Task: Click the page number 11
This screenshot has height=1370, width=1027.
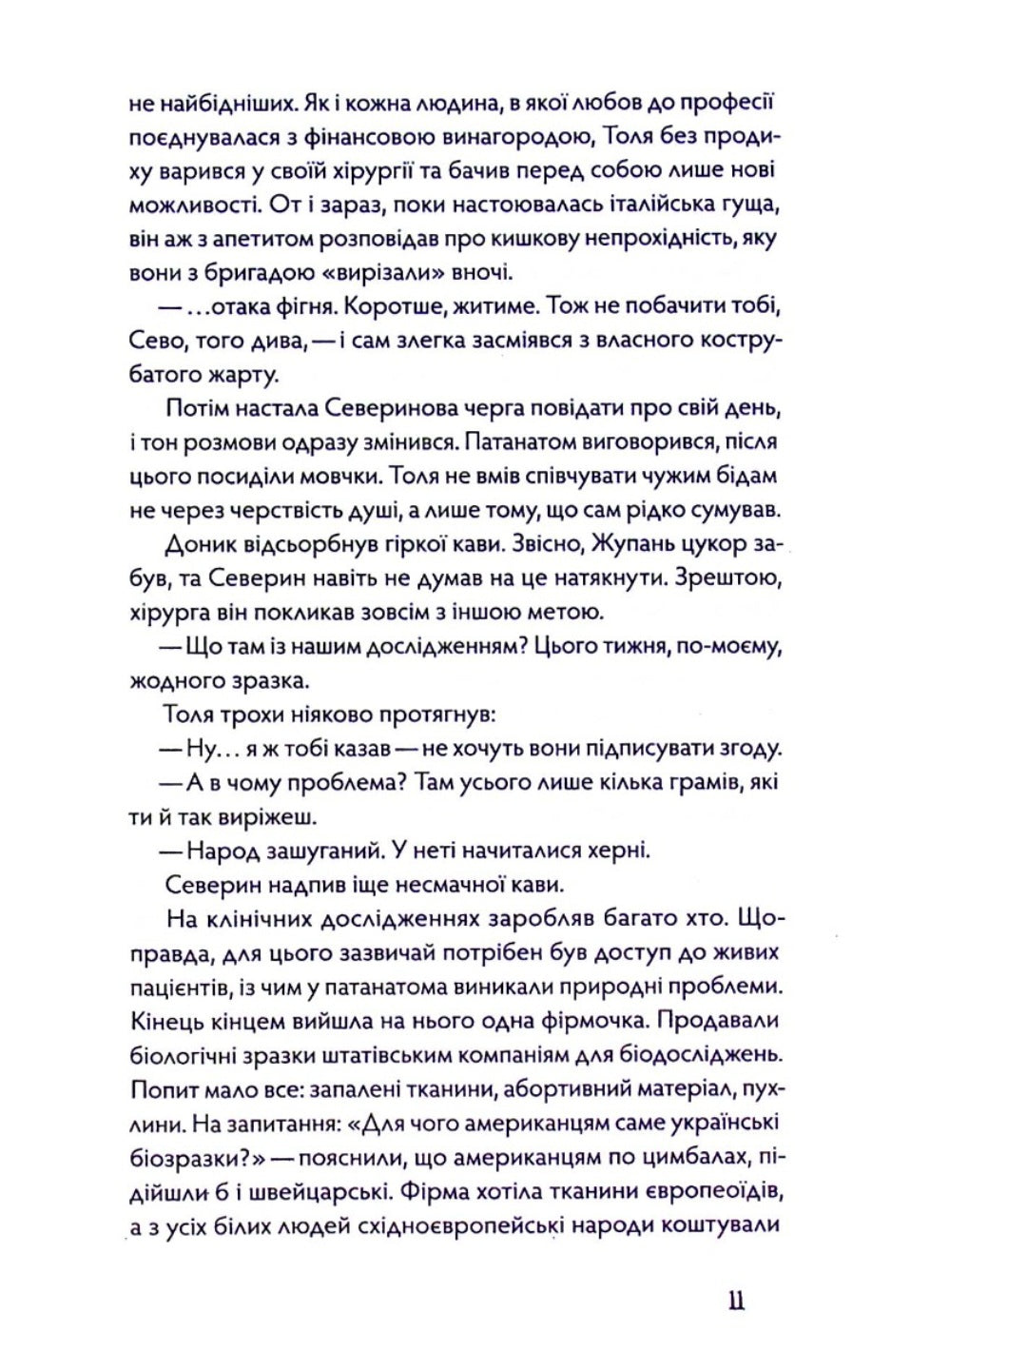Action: tap(735, 1301)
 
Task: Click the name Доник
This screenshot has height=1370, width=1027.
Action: tap(201, 544)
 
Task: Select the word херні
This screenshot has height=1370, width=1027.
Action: tap(616, 851)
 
